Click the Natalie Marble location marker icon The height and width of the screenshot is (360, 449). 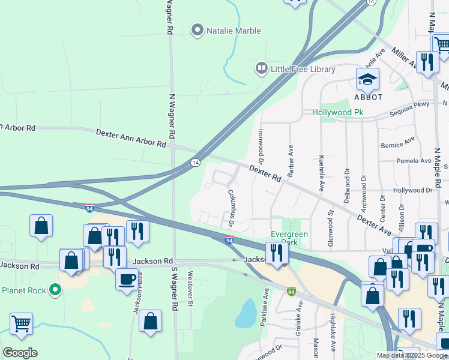coord(197,30)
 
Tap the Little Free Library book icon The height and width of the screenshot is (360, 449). coord(261,69)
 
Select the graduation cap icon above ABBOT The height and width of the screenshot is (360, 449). coord(367,79)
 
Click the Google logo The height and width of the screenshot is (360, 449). coord(20,353)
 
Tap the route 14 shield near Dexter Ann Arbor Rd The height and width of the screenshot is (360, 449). coord(195,163)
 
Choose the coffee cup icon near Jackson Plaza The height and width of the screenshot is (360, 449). coord(127,279)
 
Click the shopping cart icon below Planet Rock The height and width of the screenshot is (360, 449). coord(21,323)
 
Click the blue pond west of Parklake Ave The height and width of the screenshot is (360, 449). coord(246,313)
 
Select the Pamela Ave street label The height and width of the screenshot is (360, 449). coord(414,161)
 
